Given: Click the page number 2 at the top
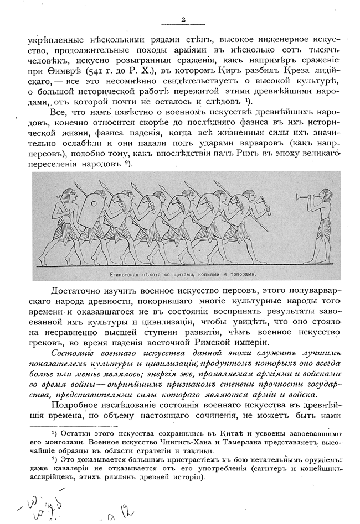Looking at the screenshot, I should (183, 20).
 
